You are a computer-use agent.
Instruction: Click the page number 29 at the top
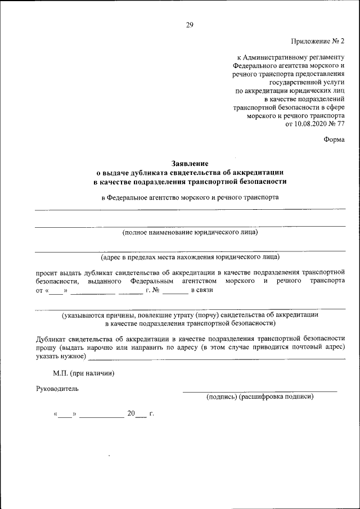click(x=189, y=25)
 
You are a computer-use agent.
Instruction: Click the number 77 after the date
click(x=340, y=124)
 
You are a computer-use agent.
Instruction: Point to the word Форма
click(x=334, y=140)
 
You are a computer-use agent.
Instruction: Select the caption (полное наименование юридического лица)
click(x=190, y=232)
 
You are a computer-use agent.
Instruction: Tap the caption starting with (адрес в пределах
click(x=190, y=257)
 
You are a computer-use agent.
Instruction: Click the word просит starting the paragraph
click(x=46, y=271)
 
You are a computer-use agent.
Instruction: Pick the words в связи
click(x=201, y=290)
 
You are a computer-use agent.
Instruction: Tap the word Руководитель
click(x=57, y=388)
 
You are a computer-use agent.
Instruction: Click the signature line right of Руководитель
click(x=259, y=390)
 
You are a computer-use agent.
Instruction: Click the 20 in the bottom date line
click(x=131, y=413)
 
